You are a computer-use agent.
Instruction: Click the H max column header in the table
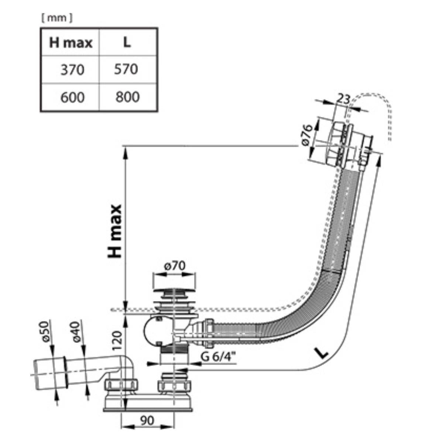[x=71, y=42]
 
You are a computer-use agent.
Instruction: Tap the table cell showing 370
[x=72, y=70]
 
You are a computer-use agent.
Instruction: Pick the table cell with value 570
[x=126, y=69]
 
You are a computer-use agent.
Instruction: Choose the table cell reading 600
[x=72, y=97]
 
